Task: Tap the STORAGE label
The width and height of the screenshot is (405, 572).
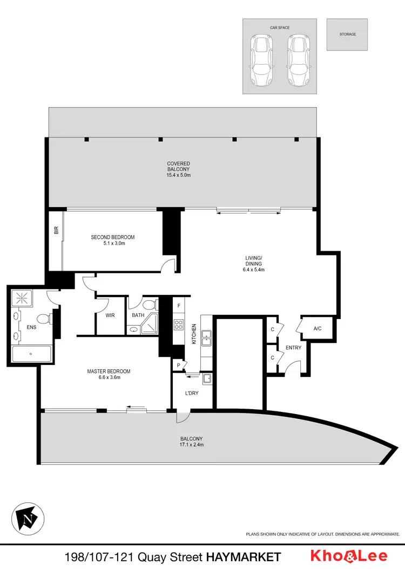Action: tap(347, 35)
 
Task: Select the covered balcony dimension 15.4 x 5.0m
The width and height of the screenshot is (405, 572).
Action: tap(178, 175)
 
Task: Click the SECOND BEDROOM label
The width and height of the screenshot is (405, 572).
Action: tap(112, 237)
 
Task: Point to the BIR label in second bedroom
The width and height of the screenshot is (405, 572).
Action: tap(56, 231)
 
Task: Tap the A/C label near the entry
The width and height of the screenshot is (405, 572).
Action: tap(318, 328)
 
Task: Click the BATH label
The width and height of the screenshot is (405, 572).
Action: tap(138, 315)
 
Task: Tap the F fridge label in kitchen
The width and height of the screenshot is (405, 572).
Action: tap(179, 306)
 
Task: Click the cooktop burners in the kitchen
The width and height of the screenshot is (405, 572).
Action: tap(179, 325)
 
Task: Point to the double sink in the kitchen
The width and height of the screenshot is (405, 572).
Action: tap(206, 339)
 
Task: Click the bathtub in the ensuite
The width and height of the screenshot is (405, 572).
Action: tap(31, 354)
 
